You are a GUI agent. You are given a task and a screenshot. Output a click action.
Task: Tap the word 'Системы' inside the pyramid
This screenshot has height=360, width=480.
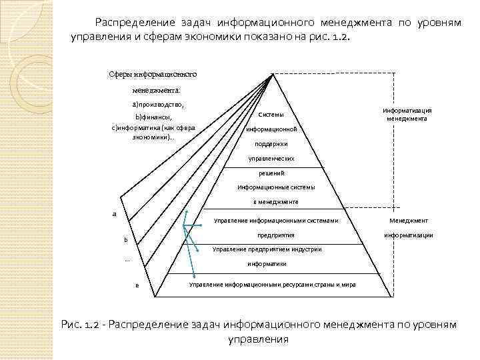[x=271, y=115]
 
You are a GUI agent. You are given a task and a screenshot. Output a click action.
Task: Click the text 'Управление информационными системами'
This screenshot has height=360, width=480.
[x=276, y=221]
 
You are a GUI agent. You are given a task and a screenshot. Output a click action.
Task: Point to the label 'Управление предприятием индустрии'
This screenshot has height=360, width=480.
[x=267, y=249]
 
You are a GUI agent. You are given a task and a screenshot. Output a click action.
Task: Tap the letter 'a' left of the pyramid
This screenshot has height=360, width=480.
[x=114, y=214]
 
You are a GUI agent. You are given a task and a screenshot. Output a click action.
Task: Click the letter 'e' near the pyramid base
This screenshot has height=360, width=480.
[x=136, y=286]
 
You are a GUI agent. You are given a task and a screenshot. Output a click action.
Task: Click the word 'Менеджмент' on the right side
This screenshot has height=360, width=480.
[x=409, y=221]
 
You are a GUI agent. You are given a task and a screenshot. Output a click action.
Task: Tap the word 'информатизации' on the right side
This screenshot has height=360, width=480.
[x=408, y=235]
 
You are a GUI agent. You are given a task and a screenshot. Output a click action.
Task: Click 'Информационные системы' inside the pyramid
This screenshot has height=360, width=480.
[x=276, y=187]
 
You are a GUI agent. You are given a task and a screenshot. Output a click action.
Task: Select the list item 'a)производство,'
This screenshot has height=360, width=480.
[x=157, y=105]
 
